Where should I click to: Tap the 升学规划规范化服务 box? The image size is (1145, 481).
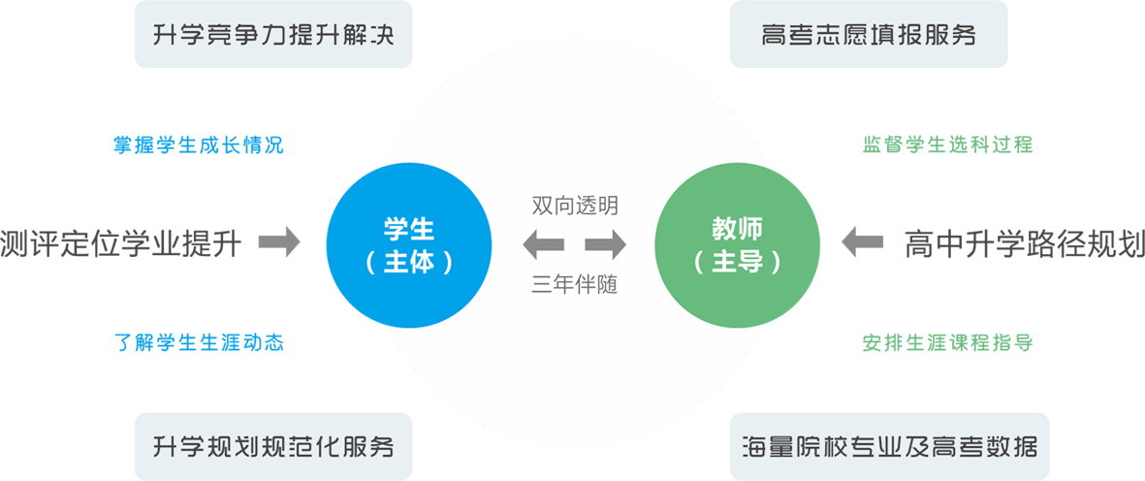pos(273,448)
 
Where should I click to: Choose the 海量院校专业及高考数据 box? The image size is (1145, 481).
pos(889,448)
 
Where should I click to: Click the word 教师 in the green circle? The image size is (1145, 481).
pos(738,230)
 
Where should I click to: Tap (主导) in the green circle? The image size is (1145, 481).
pos(738,263)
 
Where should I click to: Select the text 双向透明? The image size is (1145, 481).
pos(574,207)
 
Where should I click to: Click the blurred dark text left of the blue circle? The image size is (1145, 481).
pos(121,240)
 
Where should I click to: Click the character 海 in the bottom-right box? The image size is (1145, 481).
pos(752,448)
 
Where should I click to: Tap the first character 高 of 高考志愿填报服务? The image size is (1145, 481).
pos(772,38)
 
